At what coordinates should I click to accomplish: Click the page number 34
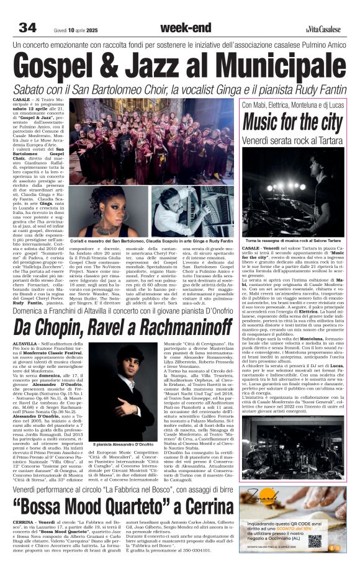pyautogui.click(x=28, y=29)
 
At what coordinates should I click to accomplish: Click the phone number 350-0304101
pyautogui.click(x=188, y=550)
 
